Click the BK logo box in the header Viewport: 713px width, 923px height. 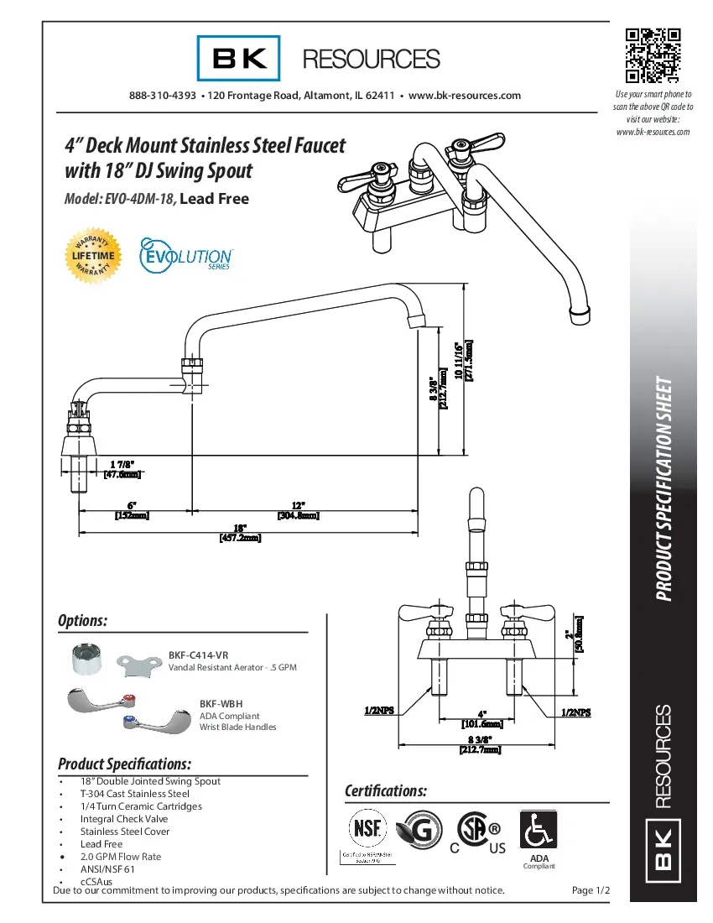tap(239, 58)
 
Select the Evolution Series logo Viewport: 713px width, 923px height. tap(185, 253)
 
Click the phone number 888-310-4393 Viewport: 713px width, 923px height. tap(163, 96)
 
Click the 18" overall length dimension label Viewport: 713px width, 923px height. tap(240, 532)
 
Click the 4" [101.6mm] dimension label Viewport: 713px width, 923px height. tap(481, 718)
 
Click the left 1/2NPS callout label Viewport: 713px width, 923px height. tap(379, 712)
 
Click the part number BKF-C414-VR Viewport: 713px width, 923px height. tap(198, 654)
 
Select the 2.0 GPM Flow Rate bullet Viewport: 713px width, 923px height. tap(121, 857)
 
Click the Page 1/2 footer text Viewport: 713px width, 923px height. tap(590, 890)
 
